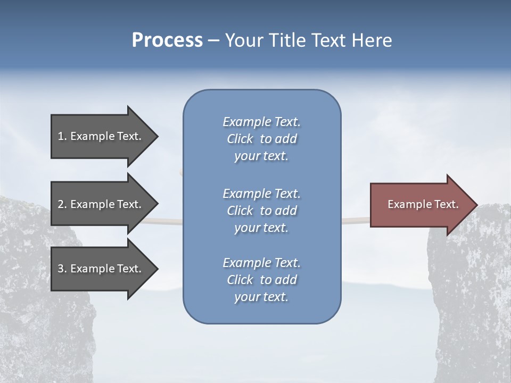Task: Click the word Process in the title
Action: point(167,40)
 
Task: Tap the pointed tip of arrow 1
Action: point(156,136)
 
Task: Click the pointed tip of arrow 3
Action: point(156,269)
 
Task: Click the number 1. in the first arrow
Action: point(62,136)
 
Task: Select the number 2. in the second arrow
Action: point(62,204)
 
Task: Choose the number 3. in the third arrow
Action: point(62,269)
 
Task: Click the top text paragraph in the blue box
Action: point(261,139)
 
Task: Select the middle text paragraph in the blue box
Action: point(261,211)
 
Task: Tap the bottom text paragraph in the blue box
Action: point(261,280)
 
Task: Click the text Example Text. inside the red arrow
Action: point(423,204)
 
